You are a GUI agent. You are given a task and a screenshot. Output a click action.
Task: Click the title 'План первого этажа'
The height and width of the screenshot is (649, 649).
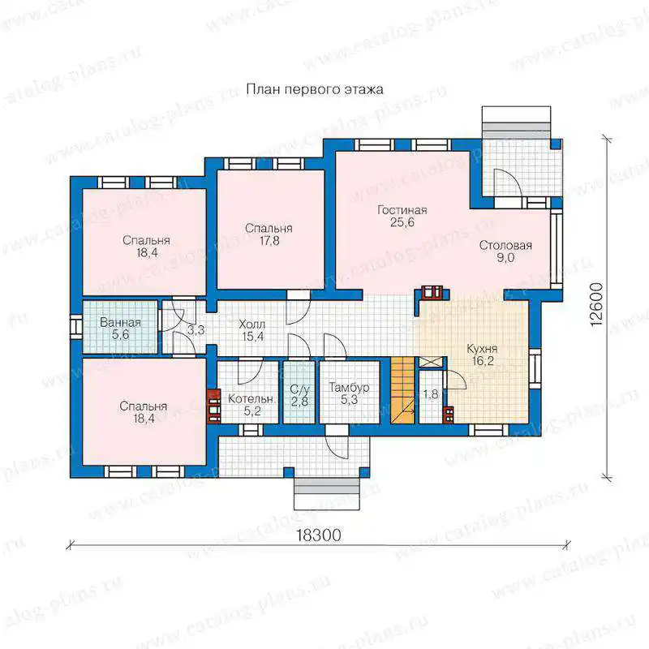pos(315,90)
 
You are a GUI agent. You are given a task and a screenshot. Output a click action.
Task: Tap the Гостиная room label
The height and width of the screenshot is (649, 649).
pos(402,210)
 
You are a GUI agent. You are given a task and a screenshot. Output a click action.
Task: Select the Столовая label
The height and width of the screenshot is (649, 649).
pos(505,246)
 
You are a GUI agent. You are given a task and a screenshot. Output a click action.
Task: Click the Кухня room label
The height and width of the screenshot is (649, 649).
pos(482,349)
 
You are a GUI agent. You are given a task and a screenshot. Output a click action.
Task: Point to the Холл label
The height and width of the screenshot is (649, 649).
pos(252,324)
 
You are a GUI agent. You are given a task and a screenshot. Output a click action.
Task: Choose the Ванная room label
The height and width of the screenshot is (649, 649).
pos(120,322)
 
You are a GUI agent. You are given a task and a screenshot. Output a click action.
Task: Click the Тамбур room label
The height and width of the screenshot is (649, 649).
pos(349,388)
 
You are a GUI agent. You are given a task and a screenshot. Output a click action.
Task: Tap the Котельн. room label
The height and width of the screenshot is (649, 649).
pos(251,399)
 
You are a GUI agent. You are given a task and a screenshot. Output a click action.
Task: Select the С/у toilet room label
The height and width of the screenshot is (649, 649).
pos(299,389)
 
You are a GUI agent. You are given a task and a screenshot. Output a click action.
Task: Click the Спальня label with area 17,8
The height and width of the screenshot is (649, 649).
pos(269,229)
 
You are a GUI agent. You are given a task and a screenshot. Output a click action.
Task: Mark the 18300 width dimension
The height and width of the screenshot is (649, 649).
pos(319,535)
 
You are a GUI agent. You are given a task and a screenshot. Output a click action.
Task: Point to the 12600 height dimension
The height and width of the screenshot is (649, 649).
pos(596,305)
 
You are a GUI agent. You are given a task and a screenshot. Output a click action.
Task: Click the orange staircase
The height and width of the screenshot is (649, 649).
pos(402,390)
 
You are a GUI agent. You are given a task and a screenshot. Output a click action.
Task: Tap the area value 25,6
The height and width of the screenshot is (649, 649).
pos(402,222)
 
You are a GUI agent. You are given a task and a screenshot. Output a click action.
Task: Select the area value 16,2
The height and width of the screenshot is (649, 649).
pos(483,361)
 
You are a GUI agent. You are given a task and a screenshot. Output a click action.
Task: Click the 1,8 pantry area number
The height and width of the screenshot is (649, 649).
pos(431,394)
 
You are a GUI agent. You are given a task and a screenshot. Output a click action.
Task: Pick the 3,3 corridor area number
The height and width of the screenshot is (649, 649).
pos(196,330)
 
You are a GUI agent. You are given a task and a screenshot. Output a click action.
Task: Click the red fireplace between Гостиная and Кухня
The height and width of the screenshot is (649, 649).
pos(432,292)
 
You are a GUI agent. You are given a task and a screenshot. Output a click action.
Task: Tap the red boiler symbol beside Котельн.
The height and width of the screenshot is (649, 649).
pos(213,406)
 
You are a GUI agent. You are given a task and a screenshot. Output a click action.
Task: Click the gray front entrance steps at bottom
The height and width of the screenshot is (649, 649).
pos(327,488)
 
